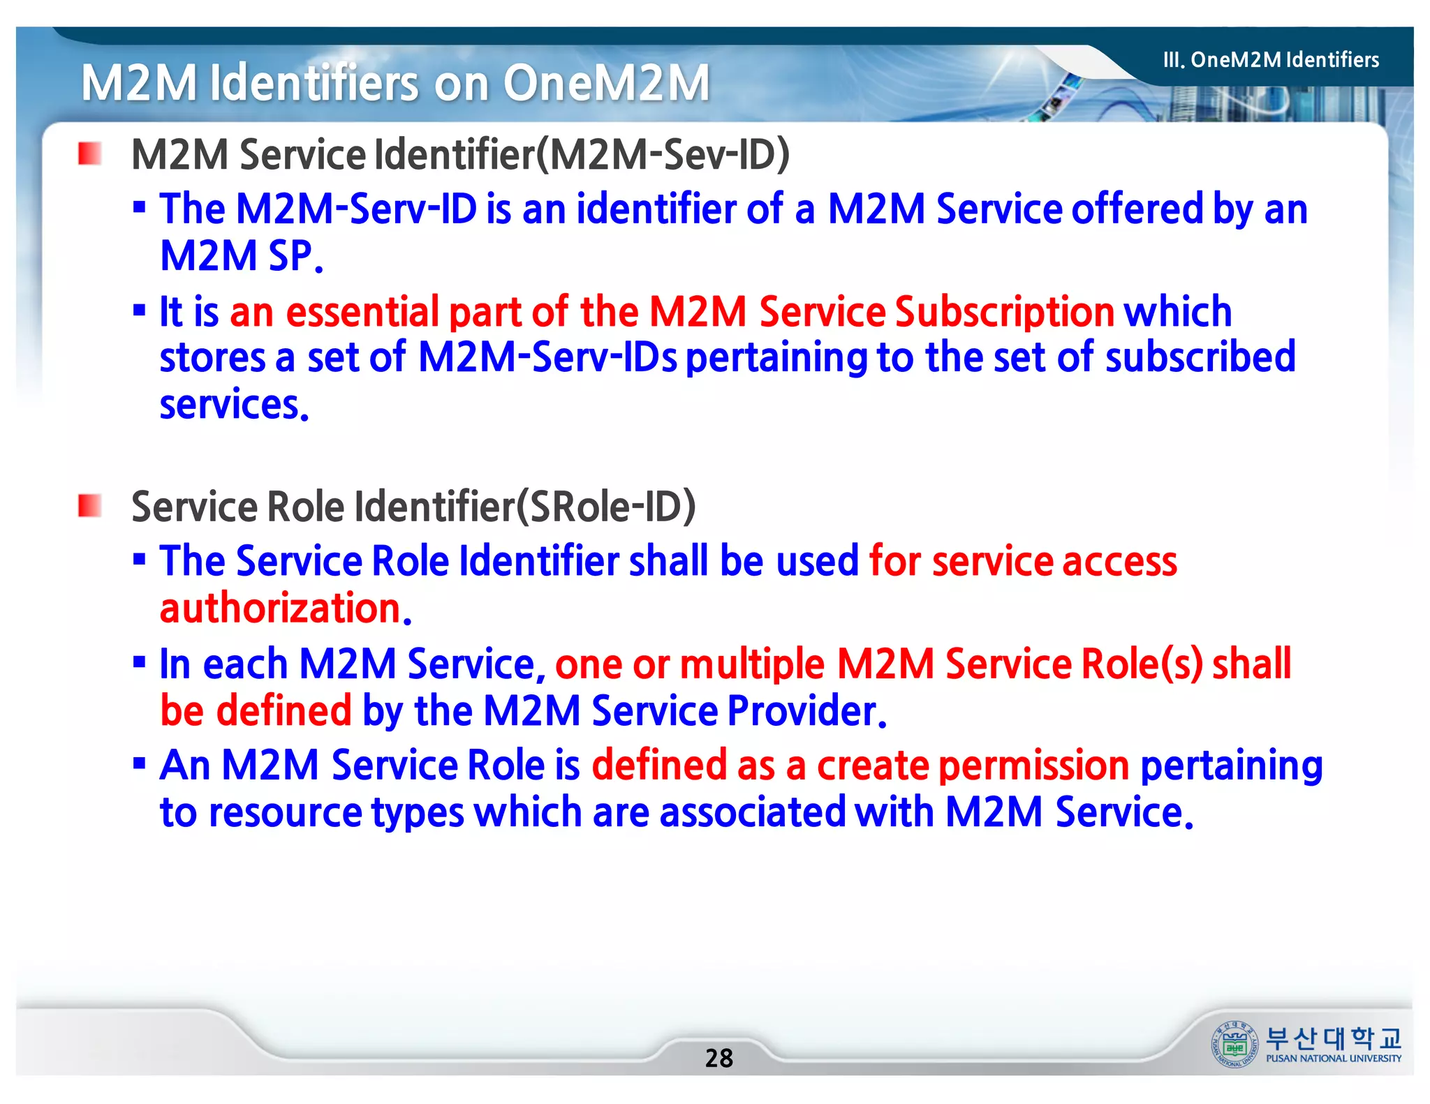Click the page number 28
pyautogui.click(x=718, y=1058)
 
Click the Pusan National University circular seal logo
pyautogui.click(x=1234, y=1043)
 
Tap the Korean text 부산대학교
pyautogui.click(x=1333, y=1038)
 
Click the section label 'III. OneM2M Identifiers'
pyautogui.click(x=1271, y=60)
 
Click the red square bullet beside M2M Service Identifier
pyautogui.click(x=90, y=154)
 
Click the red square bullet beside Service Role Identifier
pyautogui.click(x=90, y=505)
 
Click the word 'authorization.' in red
pyautogui.click(x=286, y=609)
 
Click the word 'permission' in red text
pyautogui.click(x=1033, y=766)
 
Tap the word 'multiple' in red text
pyautogui.click(x=752, y=664)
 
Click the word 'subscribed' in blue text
pyautogui.click(x=1200, y=357)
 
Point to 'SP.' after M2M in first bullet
pyautogui.click(x=296, y=256)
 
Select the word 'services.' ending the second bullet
pyautogui.click(x=234, y=405)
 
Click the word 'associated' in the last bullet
pyautogui.click(x=751, y=812)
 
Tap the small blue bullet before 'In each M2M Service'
pyautogui.click(x=139, y=662)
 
